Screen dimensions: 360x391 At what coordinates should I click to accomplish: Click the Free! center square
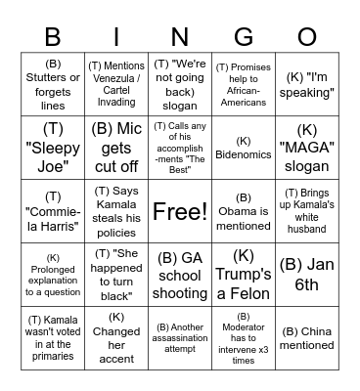point(180,211)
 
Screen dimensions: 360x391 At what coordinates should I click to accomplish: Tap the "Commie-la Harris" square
point(53,211)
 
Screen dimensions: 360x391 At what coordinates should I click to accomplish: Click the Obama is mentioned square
point(244,211)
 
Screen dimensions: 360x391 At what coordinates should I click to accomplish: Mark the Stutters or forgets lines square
point(53,84)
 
